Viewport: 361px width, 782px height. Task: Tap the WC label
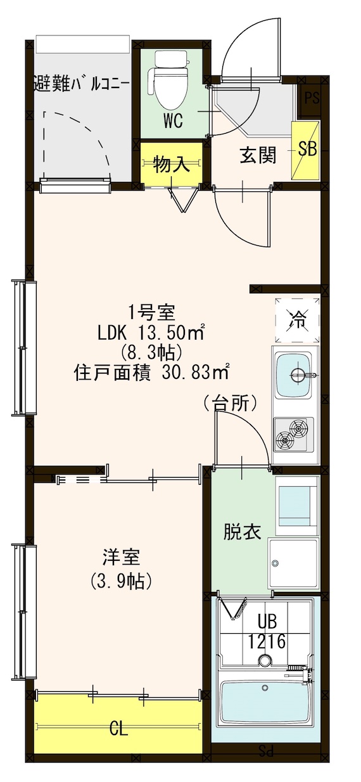(x=173, y=120)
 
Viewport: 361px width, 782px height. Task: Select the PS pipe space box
(x=311, y=98)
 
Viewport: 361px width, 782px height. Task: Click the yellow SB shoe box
(x=307, y=150)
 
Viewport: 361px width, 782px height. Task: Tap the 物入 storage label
(x=171, y=165)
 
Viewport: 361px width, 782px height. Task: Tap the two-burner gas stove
(x=293, y=434)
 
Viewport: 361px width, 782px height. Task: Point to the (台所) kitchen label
(x=230, y=402)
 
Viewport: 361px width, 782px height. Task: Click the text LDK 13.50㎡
(x=150, y=332)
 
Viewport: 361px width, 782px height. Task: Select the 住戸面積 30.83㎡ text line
(x=151, y=371)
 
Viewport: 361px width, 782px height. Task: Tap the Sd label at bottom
(x=266, y=753)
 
